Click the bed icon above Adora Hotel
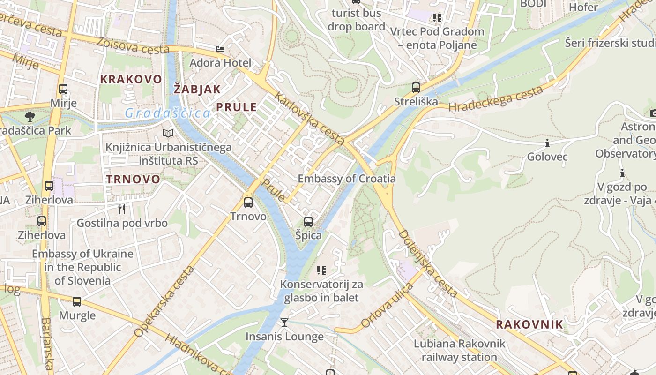220,49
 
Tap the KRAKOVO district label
131,79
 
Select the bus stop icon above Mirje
63,89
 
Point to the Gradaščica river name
168,113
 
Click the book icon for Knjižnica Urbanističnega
168,134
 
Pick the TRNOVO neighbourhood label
133,179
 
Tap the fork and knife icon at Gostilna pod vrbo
122,209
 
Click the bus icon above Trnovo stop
248,202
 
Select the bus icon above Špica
308,221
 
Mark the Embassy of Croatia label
347,179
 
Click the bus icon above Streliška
416,87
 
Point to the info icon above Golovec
547,143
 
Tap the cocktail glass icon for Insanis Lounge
284,322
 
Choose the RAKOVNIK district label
529,324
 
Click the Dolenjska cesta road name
428,263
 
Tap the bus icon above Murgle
77,302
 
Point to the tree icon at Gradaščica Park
30,116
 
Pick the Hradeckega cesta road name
496,99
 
